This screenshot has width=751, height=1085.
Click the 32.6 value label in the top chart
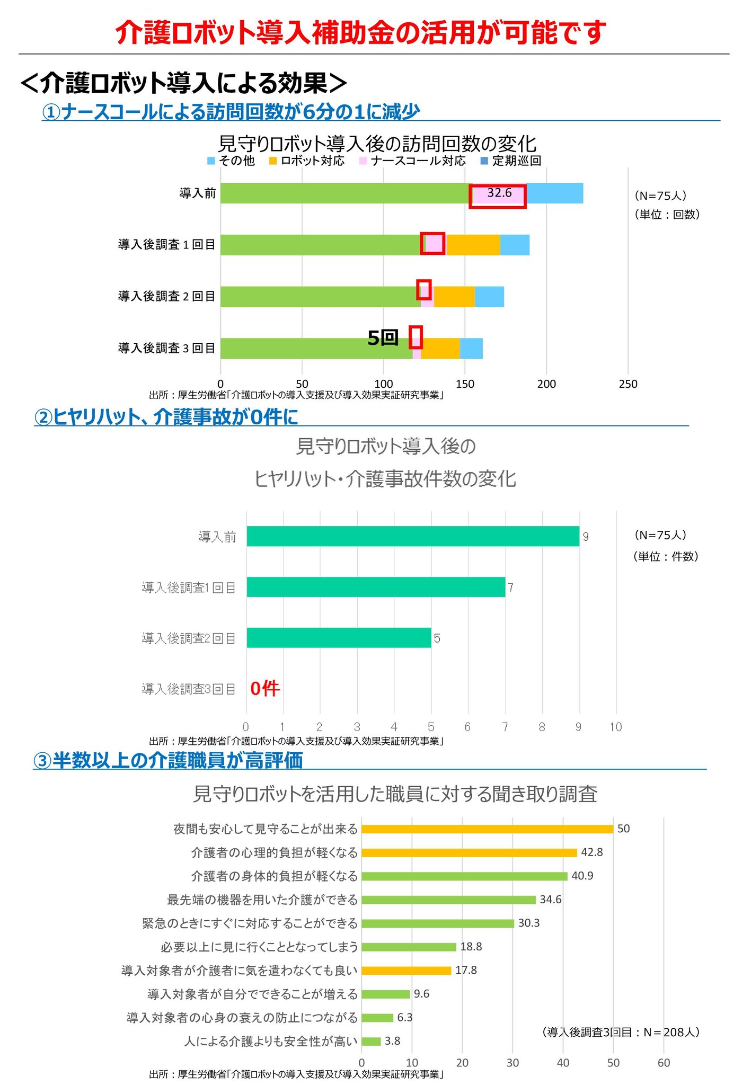tap(499, 193)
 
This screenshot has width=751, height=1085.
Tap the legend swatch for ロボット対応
tap(273, 161)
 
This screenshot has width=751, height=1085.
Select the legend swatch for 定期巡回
tap(484, 161)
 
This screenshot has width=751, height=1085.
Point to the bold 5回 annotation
tap(383, 337)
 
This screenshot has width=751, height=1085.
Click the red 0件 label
tap(264, 688)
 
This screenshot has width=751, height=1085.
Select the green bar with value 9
tap(413, 536)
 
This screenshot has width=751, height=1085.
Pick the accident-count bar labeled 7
tap(376, 587)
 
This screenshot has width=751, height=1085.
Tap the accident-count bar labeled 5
tap(339, 638)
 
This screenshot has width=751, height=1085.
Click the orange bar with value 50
tap(487, 829)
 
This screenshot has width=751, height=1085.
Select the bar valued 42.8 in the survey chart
tap(469, 852)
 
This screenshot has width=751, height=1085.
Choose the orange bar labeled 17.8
tap(406, 970)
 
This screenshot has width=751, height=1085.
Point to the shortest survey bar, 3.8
tap(371, 1041)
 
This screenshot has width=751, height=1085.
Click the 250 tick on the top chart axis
tap(628, 384)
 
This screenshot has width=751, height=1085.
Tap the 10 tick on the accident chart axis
tap(615, 727)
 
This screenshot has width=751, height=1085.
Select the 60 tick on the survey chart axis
tap(664, 1062)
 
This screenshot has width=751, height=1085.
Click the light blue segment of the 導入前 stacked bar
tap(555, 193)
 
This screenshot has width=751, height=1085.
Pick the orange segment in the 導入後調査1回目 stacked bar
tap(473, 245)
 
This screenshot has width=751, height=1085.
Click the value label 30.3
tap(528, 923)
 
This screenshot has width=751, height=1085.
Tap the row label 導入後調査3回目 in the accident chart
tap(188, 689)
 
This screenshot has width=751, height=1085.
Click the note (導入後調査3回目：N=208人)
tap(621, 1031)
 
